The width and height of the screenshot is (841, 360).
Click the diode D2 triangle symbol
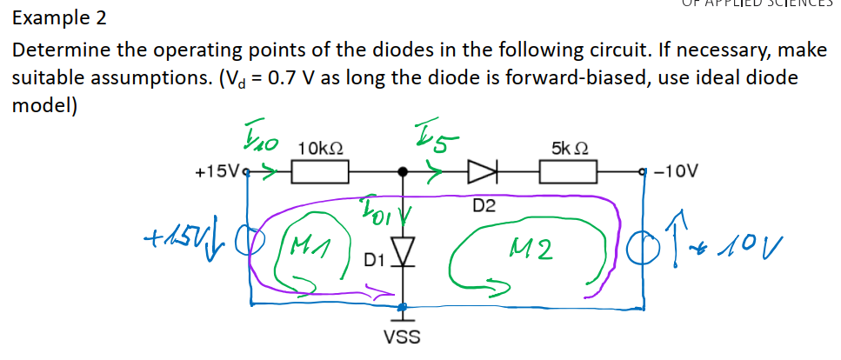(x=482, y=172)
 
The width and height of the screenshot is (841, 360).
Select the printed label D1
(x=373, y=260)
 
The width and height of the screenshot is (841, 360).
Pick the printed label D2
(x=484, y=206)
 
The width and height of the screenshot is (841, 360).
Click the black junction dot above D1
(x=402, y=172)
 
